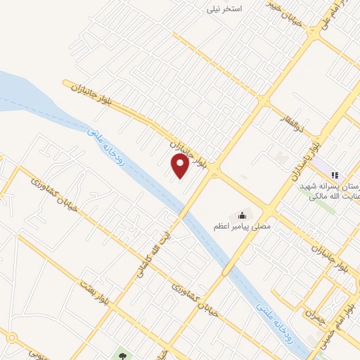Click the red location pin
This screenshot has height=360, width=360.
pos(181,167)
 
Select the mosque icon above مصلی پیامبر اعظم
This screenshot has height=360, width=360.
pos(243,214)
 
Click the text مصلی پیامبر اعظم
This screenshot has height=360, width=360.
pos(243,226)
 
